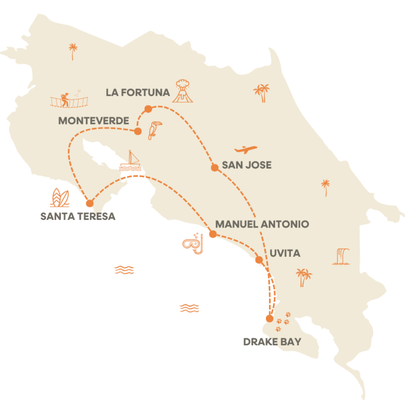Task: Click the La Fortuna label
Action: point(138,92)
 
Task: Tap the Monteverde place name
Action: point(94,121)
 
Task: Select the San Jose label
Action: point(247,165)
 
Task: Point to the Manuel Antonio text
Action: point(262,224)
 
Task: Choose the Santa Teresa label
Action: point(77,216)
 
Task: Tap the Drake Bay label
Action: point(272,341)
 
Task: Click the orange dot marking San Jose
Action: point(215,168)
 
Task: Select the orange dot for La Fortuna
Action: point(148,109)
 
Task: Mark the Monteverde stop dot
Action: point(138,131)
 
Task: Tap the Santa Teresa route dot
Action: point(89,203)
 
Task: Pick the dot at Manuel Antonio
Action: point(212,234)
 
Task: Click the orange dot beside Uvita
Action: point(259,260)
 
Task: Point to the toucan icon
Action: point(155,130)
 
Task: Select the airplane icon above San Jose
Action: point(246,150)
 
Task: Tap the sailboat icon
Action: point(131,162)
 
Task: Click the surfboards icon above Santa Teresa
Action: point(59,198)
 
